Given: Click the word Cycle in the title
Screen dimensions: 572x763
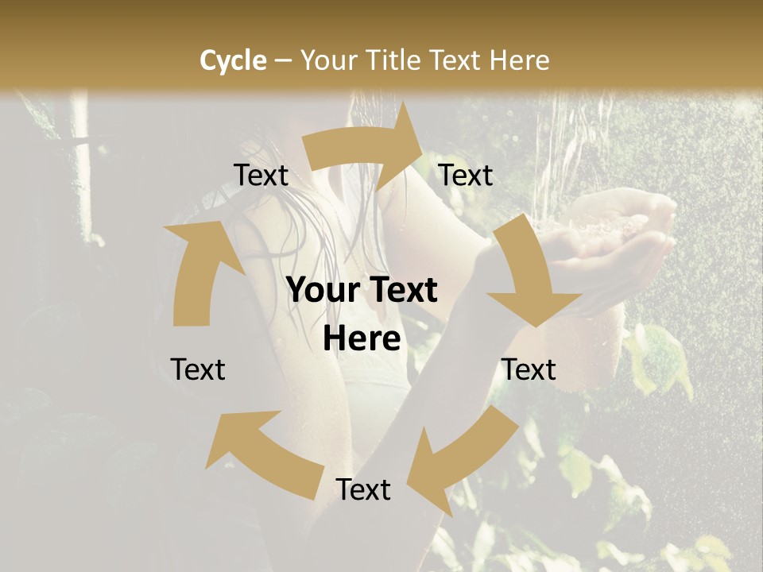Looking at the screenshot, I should coord(233,60).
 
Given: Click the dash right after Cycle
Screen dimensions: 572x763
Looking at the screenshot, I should coord(282,61).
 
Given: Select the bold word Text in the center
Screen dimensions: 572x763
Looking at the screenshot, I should coord(398,291).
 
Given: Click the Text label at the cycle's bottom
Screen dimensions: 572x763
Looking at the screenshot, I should coord(363,490).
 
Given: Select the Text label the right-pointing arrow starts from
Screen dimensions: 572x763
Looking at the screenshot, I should coord(261,176).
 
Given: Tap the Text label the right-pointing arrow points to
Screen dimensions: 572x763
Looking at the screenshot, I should coord(466,176).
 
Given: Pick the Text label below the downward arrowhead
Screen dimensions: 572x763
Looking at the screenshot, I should coord(529,369).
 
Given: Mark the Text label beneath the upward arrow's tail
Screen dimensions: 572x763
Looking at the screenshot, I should coord(198,369).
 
